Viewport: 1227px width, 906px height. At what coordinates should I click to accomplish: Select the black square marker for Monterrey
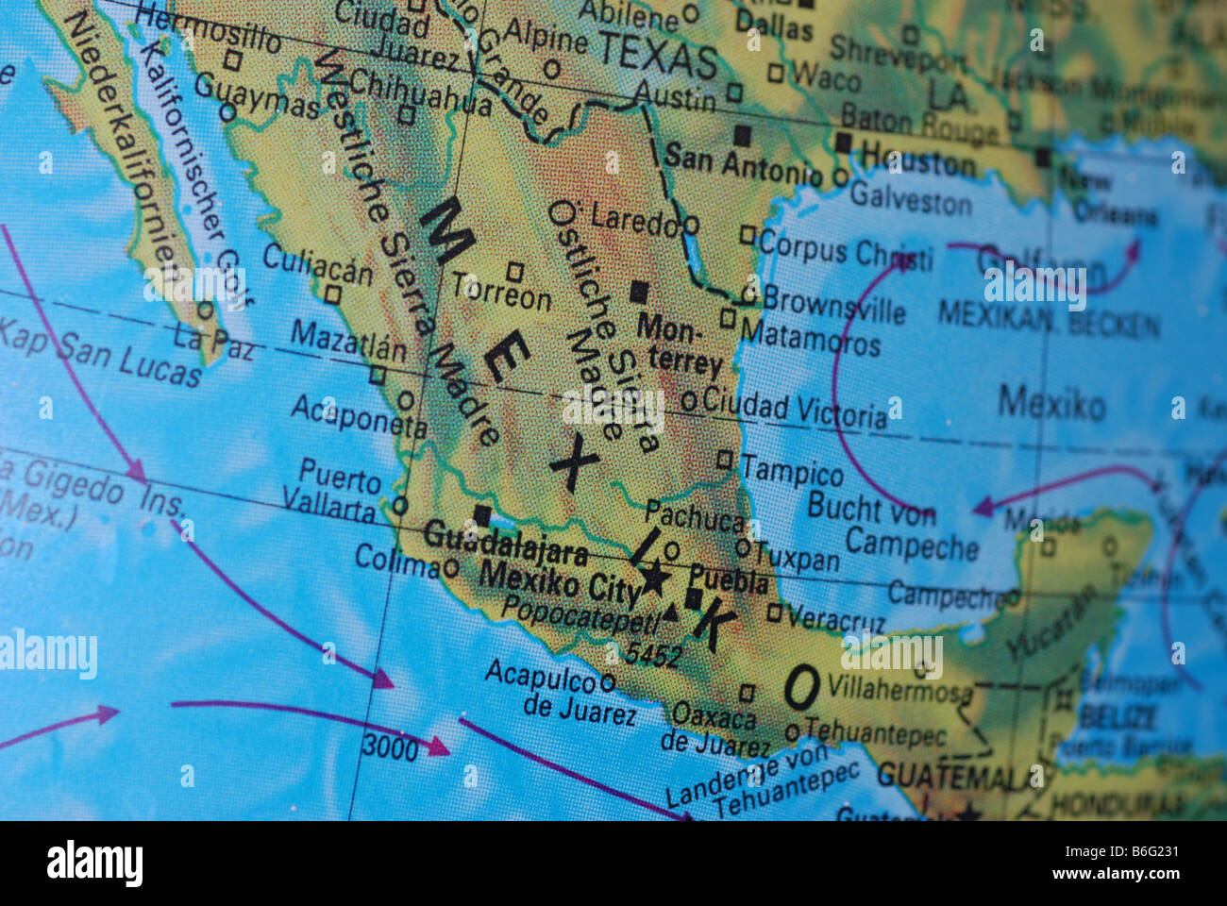tap(640, 291)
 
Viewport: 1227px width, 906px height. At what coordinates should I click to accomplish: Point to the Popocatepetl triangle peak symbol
tap(670, 612)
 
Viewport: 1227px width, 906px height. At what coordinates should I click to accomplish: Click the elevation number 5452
tap(653, 653)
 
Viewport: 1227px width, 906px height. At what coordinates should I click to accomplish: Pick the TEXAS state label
tap(658, 54)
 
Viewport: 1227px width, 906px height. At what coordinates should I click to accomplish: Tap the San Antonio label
tap(742, 163)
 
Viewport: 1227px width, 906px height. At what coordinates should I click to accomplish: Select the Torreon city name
tap(501, 294)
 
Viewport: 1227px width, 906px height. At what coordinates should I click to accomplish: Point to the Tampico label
tap(792, 471)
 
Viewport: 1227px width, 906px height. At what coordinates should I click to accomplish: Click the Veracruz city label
tap(836, 618)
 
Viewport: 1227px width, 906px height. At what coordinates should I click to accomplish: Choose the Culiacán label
tap(318, 263)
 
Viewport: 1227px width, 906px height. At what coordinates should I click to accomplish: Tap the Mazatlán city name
tap(348, 340)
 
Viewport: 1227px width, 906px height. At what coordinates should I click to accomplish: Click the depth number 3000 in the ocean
tap(390, 748)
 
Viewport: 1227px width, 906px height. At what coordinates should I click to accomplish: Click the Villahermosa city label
tap(899, 689)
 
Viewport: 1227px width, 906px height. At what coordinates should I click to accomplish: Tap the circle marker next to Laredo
tap(691, 226)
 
